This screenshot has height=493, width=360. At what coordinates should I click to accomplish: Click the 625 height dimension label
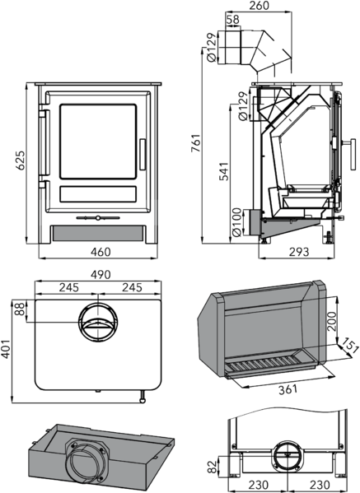point(21,160)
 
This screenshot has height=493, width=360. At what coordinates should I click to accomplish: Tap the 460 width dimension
point(101,252)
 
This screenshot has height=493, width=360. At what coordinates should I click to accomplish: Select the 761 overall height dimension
point(196,143)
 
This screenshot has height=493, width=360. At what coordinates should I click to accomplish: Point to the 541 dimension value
point(224,171)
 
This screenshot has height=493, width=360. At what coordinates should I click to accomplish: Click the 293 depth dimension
point(299,252)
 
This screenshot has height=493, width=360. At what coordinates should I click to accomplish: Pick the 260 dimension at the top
point(259,5)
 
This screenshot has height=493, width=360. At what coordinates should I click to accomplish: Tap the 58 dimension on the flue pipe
point(233,20)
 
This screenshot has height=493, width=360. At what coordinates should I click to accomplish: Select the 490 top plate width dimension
point(101,274)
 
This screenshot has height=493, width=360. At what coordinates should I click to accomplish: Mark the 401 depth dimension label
point(5,348)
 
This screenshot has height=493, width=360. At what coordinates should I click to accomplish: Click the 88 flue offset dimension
point(20,309)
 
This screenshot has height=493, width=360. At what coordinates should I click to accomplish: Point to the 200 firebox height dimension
point(332,321)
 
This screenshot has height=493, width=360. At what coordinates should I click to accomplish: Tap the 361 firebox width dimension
point(288,389)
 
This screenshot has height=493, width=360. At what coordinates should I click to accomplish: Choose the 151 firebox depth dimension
point(350,345)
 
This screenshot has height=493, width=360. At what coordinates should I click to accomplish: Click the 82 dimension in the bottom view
point(213,467)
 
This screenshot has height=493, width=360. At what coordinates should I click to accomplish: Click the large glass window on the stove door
point(98,142)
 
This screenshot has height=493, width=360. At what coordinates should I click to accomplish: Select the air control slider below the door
point(98,217)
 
